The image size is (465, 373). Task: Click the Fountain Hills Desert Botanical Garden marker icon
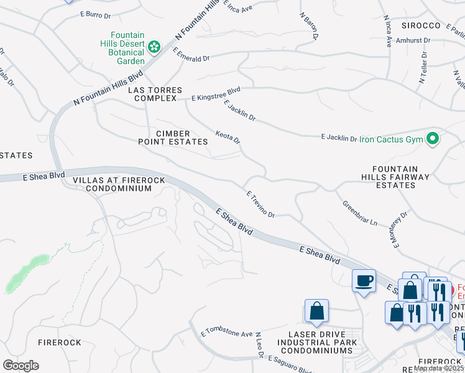click(154, 47)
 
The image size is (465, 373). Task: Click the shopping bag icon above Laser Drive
click(316, 311)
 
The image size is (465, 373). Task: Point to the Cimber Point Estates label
click(173, 137)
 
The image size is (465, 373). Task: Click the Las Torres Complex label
click(155, 94)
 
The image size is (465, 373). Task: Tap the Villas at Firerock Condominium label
click(119, 184)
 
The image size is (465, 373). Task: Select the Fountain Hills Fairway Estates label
click(400, 177)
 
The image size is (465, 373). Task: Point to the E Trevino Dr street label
click(261, 204)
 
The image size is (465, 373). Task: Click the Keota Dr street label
click(228, 137)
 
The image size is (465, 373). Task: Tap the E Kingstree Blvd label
click(216, 94)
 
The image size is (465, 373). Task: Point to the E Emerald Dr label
click(191, 54)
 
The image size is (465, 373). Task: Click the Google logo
click(21, 366)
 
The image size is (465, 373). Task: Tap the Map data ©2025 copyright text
click(438, 368)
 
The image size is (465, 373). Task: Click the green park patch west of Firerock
click(25, 272)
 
